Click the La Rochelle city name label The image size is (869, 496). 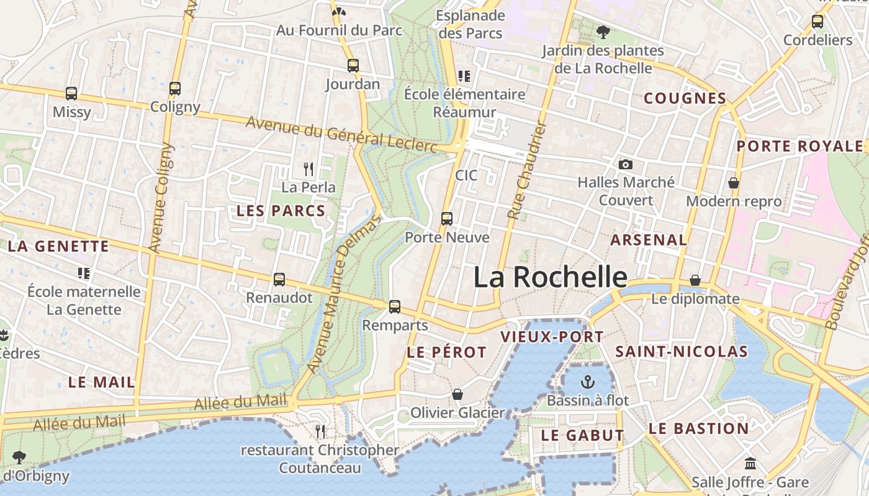click(x=550, y=277)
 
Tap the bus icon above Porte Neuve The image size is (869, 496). click(x=447, y=218)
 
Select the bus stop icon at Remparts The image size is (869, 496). click(x=395, y=306)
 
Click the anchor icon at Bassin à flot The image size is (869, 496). click(x=587, y=381)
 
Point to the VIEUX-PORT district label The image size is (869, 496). click(x=552, y=337)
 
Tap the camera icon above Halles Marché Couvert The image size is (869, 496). click(x=626, y=164)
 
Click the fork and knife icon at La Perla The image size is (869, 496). click(x=308, y=168)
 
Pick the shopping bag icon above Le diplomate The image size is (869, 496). click(x=695, y=280)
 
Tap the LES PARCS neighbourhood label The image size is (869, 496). click(x=281, y=211)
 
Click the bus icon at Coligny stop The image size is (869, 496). click(x=175, y=88)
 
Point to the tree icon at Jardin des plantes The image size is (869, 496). click(x=603, y=32)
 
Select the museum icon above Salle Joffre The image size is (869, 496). click(x=750, y=463)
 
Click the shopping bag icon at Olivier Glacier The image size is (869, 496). click(x=457, y=394)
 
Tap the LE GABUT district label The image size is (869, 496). click(x=582, y=435)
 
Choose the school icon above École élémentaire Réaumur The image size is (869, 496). click(x=464, y=76)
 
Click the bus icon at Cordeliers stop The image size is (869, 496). click(x=817, y=22)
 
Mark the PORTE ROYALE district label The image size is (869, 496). click(x=799, y=146)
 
